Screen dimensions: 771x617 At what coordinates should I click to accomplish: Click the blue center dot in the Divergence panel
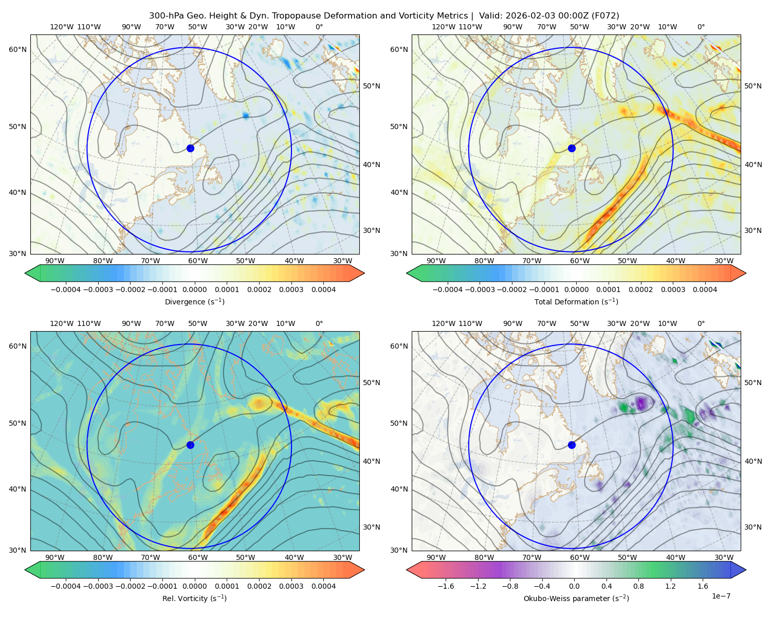point(190,148)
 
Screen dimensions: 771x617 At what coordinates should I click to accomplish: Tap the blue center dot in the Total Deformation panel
point(572,148)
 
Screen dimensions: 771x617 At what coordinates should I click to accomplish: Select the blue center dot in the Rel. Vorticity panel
point(190,445)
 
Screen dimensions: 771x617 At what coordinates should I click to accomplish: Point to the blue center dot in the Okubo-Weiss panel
point(572,445)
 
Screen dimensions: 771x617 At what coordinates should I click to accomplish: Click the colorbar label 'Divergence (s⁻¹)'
point(194,301)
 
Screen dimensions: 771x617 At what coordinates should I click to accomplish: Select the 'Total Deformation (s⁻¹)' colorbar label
point(576,301)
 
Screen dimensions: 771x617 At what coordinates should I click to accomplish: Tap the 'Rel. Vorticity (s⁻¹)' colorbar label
point(194,598)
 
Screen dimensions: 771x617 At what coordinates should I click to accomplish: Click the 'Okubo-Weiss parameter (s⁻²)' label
point(576,598)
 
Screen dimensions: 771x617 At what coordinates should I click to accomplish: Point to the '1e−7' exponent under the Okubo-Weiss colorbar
point(721,596)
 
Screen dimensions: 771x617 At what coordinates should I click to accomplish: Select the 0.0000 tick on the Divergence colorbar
point(194,289)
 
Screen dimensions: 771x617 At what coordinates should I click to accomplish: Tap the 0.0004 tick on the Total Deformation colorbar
point(705,289)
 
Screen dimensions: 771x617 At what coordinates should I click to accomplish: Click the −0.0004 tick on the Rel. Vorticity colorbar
point(66,586)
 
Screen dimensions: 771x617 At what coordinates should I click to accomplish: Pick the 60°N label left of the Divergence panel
point(17,49)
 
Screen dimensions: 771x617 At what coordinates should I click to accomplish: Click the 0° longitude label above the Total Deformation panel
point(701,27)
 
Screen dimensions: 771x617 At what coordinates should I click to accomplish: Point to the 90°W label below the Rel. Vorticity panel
point(55,557)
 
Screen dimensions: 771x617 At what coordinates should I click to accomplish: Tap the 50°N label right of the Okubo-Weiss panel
point(753,383)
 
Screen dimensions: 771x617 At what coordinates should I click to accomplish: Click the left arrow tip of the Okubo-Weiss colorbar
point(407,570)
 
